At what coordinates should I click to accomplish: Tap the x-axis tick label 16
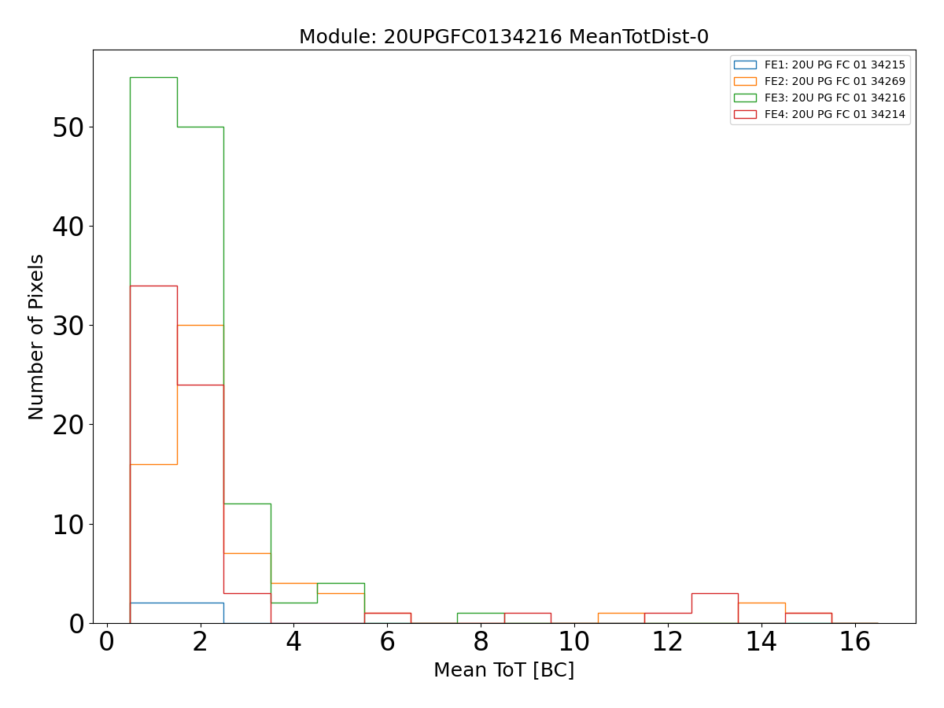pyautogui.click(x=854, y=643)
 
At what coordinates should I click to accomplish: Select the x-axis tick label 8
pyautogui.click(x=481, y=643)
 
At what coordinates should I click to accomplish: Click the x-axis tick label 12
pyautogui.click(x=667, y=643)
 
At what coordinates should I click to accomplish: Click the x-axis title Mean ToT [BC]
pyautogui.click(x=503, y=670)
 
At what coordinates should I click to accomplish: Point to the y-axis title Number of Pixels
pyautogui.click(x=37, y=337)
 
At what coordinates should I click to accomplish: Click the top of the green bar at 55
pyautogui.click(x=153, y=77)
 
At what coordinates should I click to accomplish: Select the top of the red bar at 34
pyautogui.click(x=153, y=286)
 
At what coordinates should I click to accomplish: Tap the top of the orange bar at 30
pyautogui.click(x=200, y=325)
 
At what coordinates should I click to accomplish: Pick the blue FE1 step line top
pyautogui.click(x=177, y=603)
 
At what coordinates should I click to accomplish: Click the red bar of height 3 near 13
pyautogui.click(x=714, y=593)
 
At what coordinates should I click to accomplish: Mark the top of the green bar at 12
pyautogui.click(x=247, y=503)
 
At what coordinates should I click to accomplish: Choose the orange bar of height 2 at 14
pyautogui.click(x=761, y=603)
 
